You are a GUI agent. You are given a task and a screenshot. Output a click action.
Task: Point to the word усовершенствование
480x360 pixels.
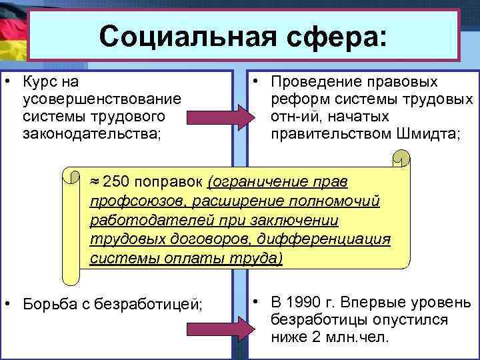pyautogui.click(x=101, y=99)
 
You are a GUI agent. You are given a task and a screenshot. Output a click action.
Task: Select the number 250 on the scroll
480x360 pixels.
pyautogui.click(x=119, y=181)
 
